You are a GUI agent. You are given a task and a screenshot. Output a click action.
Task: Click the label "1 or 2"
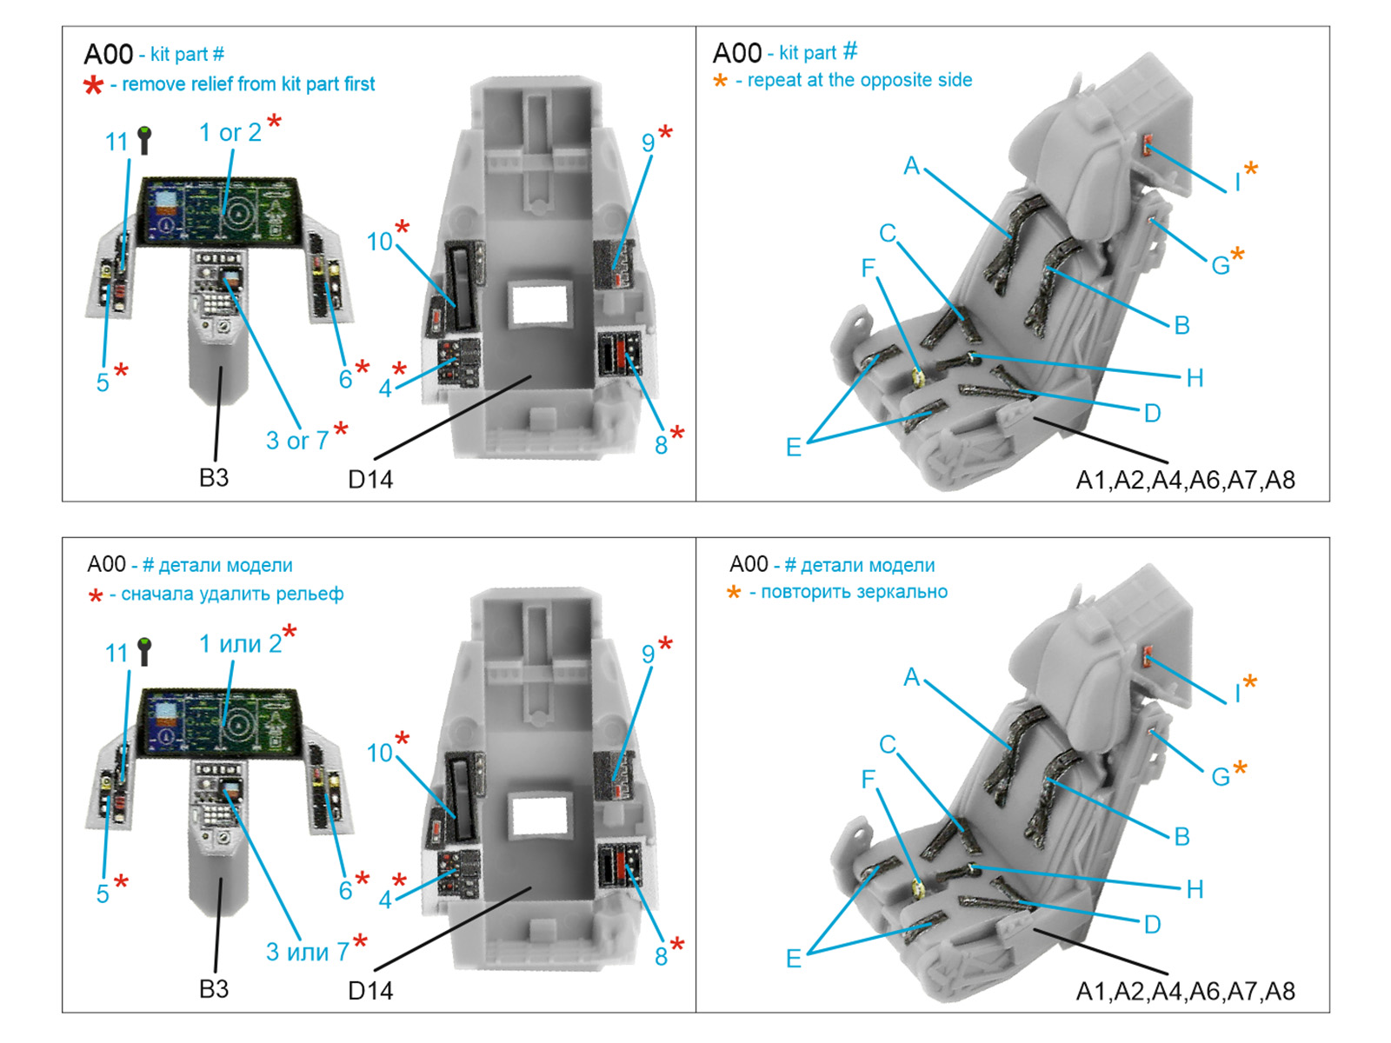[x=230, y=132]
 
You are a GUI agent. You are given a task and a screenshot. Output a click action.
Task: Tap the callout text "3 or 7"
[x=296, y=441]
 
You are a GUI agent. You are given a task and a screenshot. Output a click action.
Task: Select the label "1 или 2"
[x=240, y=644]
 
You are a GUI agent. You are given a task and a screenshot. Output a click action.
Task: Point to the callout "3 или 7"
[x=307, y=952]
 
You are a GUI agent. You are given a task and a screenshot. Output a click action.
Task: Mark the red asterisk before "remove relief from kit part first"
[x=93, y=85]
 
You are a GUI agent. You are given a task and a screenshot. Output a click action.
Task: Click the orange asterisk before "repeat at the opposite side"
[x=720, y=81]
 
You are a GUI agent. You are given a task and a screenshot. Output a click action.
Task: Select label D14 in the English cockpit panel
[x=370, y=479]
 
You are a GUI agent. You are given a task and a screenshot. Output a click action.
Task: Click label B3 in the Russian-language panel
[x=214, y=989]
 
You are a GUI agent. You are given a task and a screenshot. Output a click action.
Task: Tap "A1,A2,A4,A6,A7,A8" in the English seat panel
[x=1185, y=480]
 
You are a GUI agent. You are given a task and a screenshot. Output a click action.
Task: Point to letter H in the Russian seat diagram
[x=1195, y=889]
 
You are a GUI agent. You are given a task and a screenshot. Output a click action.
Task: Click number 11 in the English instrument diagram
[x=116, y=142]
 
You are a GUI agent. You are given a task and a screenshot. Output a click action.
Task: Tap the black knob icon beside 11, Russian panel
[x=144, y=651]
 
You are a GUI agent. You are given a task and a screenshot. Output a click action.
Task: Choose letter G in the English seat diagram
[x=1220, y=266]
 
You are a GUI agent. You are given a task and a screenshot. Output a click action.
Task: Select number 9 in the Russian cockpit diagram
[x=648, y=654]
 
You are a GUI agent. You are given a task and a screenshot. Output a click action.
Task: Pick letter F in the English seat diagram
[x=868, y=268]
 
